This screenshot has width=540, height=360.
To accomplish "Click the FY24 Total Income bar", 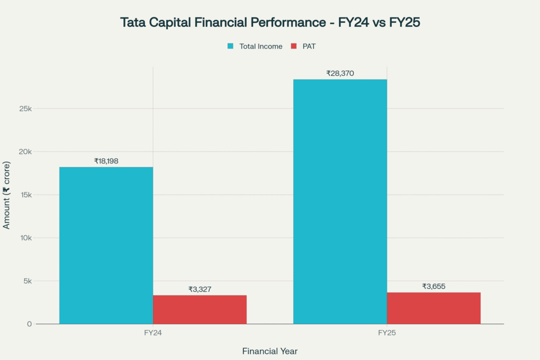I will click(106, 245).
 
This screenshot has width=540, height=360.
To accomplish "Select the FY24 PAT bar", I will click(200, 309).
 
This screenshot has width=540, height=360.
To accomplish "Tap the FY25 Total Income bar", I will click(340, 201).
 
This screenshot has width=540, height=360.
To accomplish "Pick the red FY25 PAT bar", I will click(433, 308).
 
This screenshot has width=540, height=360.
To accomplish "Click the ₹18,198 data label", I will click(106, 161).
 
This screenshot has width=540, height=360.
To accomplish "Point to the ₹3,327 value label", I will click(200, 289).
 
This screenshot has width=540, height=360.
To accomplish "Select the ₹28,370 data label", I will click(340, 73).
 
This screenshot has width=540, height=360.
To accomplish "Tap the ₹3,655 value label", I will click(433, 286).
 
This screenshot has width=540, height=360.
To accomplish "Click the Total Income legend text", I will click(261, 46).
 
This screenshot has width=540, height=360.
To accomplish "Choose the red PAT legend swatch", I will click(294, 46).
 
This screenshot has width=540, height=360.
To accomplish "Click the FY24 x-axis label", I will click(153, 334).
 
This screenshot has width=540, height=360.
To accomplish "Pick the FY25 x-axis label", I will click(387, 334).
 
